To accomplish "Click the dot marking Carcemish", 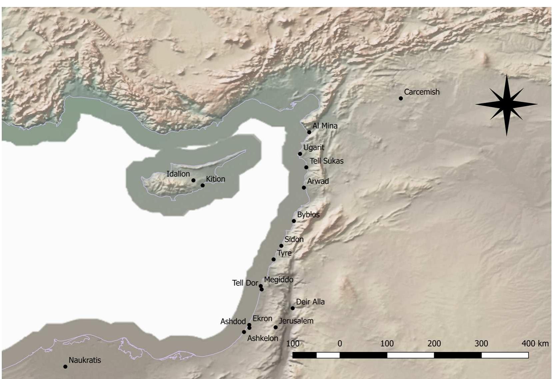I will tap(401, 98).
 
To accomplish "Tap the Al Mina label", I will tap(325, 126).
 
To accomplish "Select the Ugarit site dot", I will tap(300, 154).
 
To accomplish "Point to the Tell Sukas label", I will tap(326, 161).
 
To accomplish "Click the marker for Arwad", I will tap(304, 188).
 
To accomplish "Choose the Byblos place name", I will tap(308, 215).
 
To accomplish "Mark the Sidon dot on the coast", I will tap(281, 246).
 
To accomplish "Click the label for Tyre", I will tap(284, 253).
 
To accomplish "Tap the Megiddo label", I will tap(279, 280).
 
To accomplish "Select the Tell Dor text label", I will tap(245, 283).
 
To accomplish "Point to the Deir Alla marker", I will tap(293, 308).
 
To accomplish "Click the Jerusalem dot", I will tap(276, 327).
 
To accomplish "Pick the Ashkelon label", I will tap(263, 338).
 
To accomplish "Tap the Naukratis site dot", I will tap(65, 367).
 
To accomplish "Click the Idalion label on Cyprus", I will tap(178, 174).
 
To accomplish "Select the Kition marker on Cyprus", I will tap(202, 185).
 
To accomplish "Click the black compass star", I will tap(506, 105).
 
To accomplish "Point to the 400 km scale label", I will tap(535, 344).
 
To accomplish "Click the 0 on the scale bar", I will tap(340, 344).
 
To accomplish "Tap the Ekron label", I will tap(262, 319).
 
